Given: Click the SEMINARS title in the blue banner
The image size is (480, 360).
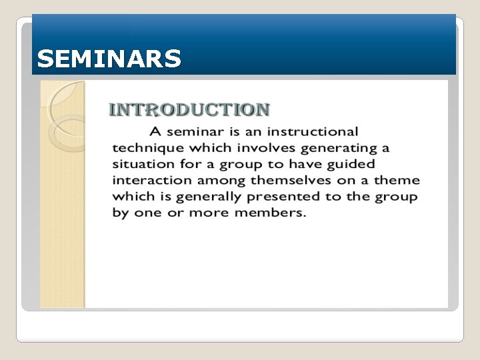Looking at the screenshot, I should [x=109, y=59].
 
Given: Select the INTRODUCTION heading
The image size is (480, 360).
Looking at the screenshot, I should [x=189, y=110].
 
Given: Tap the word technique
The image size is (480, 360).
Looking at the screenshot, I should [x=145, y=148].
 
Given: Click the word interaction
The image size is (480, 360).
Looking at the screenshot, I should [x=146, y=180].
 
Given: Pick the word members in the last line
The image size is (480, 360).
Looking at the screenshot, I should [x=271, y=213].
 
